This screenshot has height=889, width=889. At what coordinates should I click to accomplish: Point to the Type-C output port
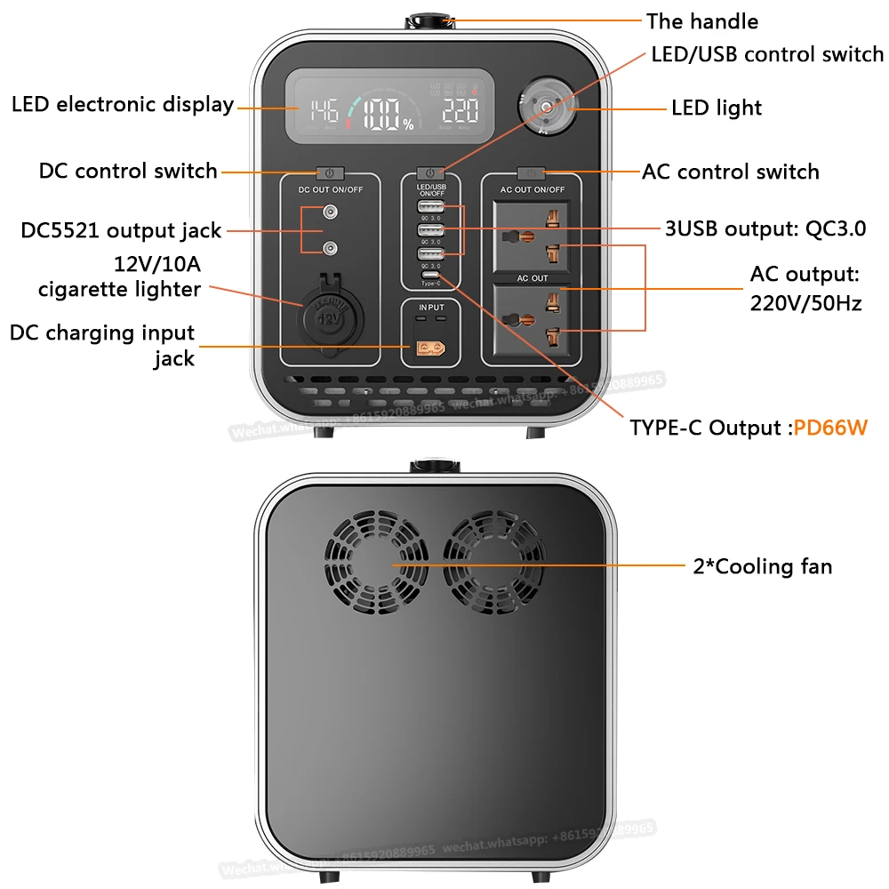pyautogui.click(x=430, y=276)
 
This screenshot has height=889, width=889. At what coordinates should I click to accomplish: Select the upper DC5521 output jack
pyautogui.click(x=330, y=212)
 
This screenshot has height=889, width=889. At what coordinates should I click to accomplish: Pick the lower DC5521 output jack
pyautogui.click(x=330, y=248)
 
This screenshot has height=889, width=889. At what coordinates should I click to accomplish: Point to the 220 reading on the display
pyautogui.click(x=461, y=111)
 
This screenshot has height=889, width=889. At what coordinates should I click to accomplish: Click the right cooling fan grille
pyautogui.click(x=493, y=563)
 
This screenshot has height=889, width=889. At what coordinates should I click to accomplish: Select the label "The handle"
pyautogui.click(x=702, y=21)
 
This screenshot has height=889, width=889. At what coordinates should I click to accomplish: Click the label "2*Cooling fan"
pyautogui.click(x=763, y=566)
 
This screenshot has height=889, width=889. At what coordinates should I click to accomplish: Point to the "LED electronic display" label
pyautogui.click(x=123, y=104)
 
